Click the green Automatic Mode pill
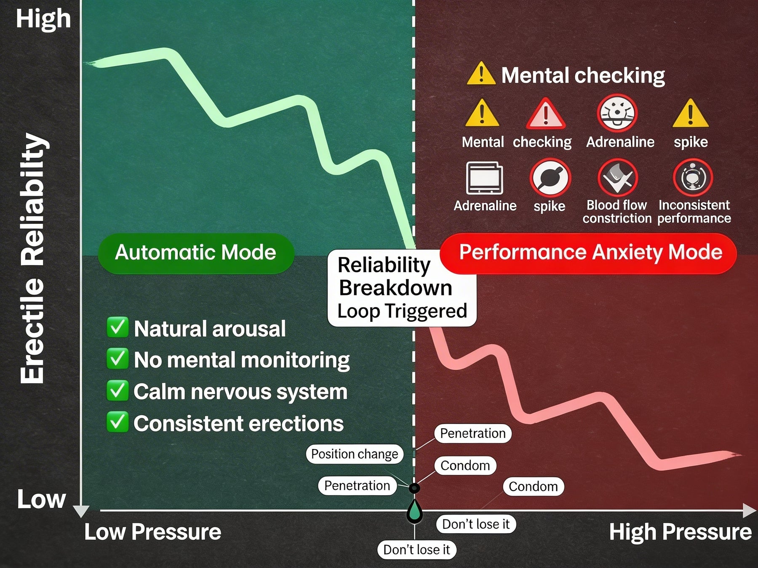pyautogui.click(x=196, y=253)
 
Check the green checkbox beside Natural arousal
pyautogui.click(x=117, y=328)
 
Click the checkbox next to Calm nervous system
pyautogui.click(x=117, y=391)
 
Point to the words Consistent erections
pyautogui.click(x=238, y=423)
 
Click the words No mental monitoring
pyautogui.click(x=242, y=360)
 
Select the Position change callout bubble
pyautogui.click(x=355, y=454)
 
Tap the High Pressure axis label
pyautogui.click(x=680, y=532)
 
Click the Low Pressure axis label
pyautogui.click(x=152, y=532)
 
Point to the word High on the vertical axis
pyautogui.click(x=43, y=19)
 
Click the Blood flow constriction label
pyautogui.click(x=617, y=212)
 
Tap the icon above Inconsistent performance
pyautogui.click(x=693, y=178)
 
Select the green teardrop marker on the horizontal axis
pyautogui.click(x=415, y=511)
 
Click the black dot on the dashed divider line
pyautogui.click(x=414, y=488)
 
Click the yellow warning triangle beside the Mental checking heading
pyautogui.click(x=480, y=74)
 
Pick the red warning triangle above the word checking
pyautogui.click(x=546, y=114)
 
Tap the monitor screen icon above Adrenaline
pyautogui.click(x=484, y=178)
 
